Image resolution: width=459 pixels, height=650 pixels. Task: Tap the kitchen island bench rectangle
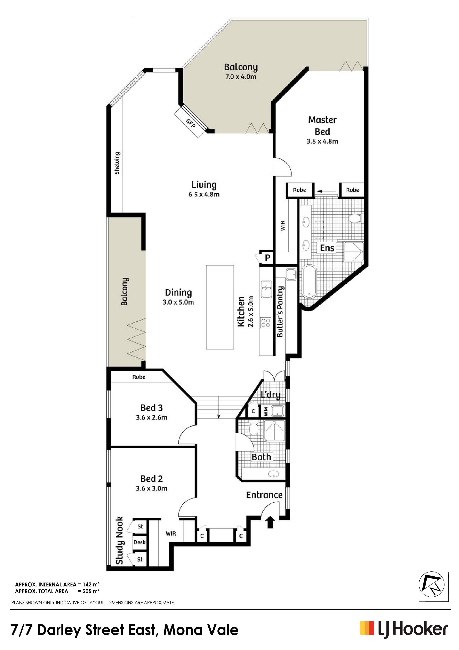point(220,307)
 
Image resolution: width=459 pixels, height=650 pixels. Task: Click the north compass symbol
point(433,586)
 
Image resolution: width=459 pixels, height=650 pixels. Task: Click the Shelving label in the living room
point(117,163)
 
